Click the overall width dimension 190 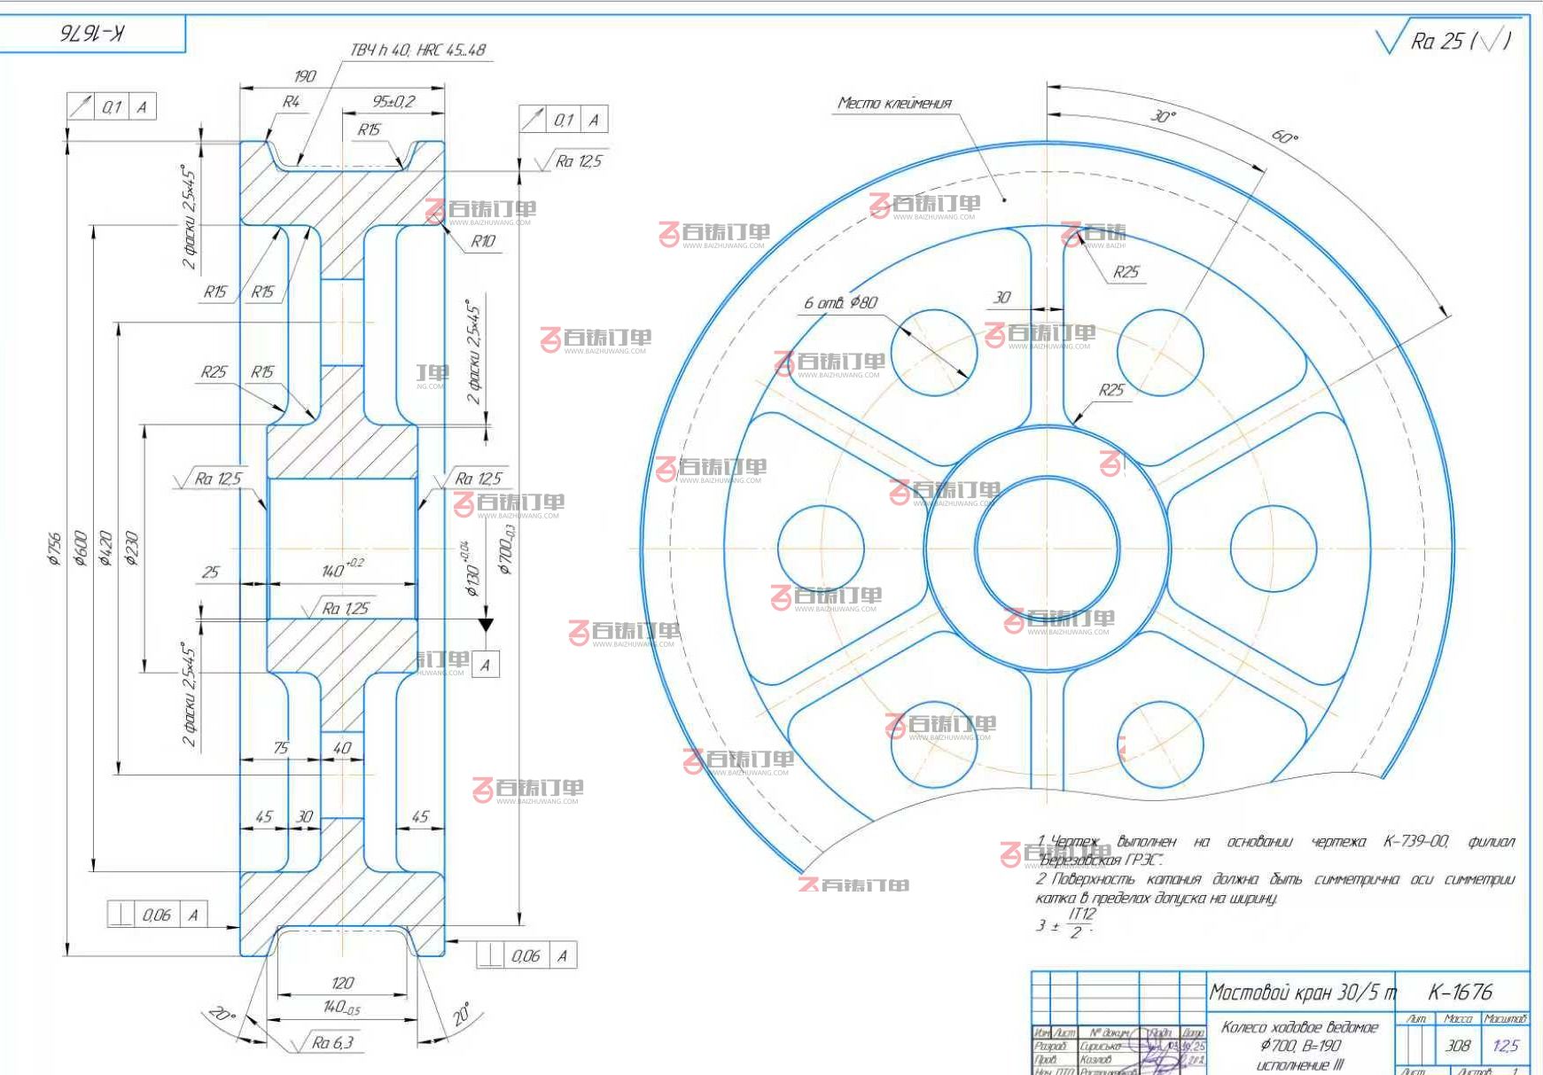[x=304, y=76]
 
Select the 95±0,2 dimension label [x=394, y=102]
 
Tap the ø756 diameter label [x=55, y=548]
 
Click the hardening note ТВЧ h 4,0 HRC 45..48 [x=417, y=50]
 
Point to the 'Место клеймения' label [x=894, y=104]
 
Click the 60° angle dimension [x=1284, y=136]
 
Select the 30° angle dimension [x=1163, y=116]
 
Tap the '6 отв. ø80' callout [x=840, y=303]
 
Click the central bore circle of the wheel [x=1047, y=549]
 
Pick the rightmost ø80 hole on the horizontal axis [x=1273, y=549]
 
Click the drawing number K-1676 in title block [x=1460, y=992]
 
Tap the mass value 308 [x=1458, y=1046]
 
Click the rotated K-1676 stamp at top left [x=92, y=34]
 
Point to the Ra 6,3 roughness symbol [x=331, y=1043]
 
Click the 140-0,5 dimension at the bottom [x=341, y=1007]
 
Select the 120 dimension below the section [x=342, y=983]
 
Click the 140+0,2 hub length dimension [x=341, y=569]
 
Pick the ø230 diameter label [x=132, y=548]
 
